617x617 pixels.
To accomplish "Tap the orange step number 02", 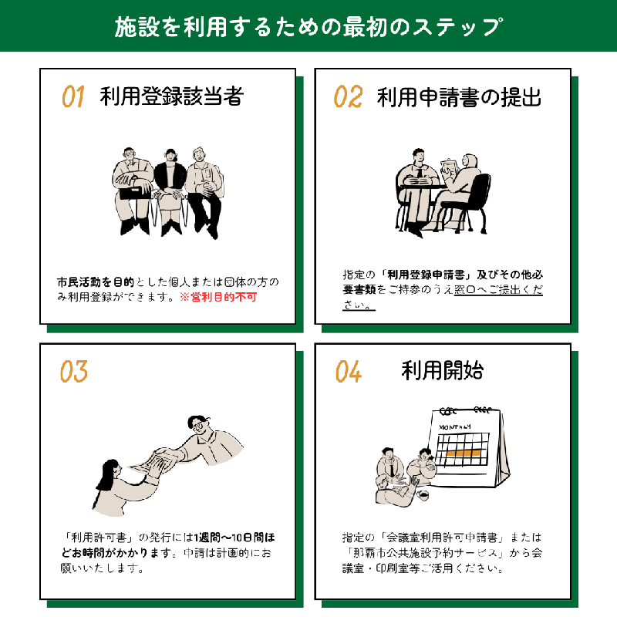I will pyautogui.click(x=348, y=97).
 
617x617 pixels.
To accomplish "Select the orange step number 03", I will pyautogui.click(x=73, y=372).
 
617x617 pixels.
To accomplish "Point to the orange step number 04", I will pyautogui.click(x=348, y=372).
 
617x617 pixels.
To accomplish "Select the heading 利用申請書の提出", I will pyautogui.click(x=459, y=97).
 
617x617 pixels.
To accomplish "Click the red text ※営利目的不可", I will pyautogui.click(x=217, y=297).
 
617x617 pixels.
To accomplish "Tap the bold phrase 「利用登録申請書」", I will pyautogui.click(x=423, y=274).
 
